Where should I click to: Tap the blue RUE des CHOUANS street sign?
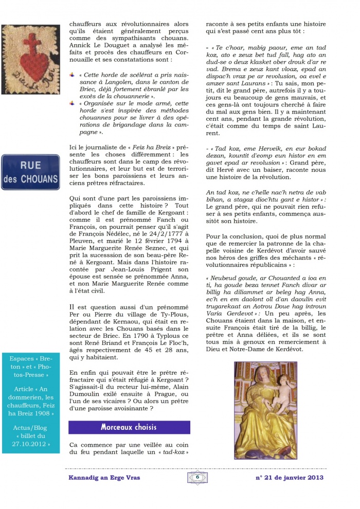pyautogui.click(x=30, y=172)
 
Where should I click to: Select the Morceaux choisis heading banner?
pyautogui.click(x=129, y=427)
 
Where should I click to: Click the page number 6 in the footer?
pyautogui.click(x=197, y=478)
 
